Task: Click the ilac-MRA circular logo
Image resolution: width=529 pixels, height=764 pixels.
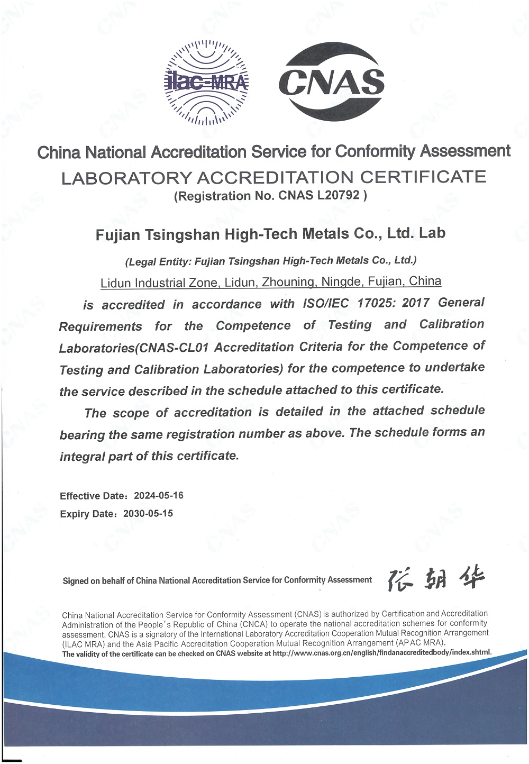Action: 206,82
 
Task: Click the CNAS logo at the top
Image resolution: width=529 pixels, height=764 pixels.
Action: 332,81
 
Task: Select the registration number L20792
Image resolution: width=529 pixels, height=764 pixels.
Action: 339,195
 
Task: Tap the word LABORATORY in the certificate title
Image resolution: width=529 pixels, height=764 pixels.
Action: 126,178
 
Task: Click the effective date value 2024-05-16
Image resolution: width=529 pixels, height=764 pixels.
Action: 159,495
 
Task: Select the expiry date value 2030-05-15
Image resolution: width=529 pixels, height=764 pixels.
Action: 148,513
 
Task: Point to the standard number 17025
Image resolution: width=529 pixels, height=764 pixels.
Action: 376,303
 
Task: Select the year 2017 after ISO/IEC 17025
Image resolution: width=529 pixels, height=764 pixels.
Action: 416,302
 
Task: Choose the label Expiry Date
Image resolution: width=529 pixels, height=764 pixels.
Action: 88,514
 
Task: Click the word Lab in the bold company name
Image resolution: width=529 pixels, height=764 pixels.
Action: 432,233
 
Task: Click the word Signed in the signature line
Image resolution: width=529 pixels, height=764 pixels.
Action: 76,581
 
